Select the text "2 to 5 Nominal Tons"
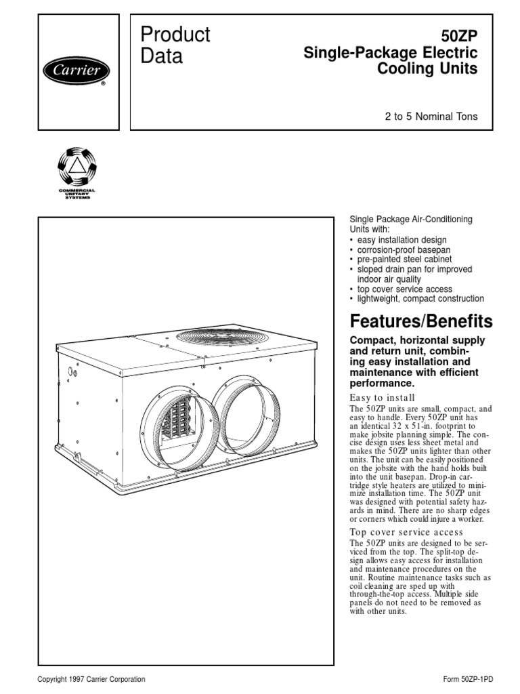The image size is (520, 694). point(431,117)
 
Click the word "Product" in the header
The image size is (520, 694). point(175,35)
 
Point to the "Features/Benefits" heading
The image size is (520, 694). point(420,321)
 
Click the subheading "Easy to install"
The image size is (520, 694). point(382,398)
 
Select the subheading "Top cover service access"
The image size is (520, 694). point(406,532)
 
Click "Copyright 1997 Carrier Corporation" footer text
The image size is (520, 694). point(91,679)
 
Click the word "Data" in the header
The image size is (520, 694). point(162,56)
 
